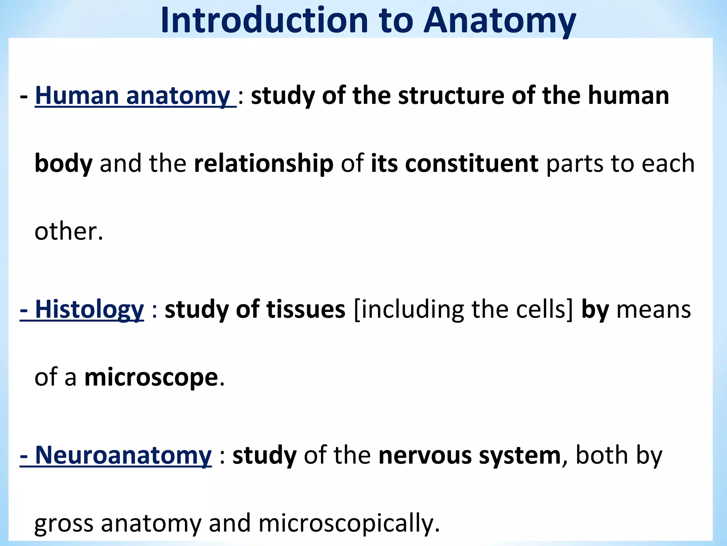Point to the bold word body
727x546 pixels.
coord(64,164)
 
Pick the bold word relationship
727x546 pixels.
coord(264,164)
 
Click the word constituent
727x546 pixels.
coord(471,164)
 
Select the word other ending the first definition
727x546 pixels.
coord(65,231)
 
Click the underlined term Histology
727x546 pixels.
coord(89,309)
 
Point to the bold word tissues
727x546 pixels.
coord(306,309)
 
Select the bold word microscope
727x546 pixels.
coord(151,378)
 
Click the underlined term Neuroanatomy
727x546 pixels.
coord(123,455)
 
